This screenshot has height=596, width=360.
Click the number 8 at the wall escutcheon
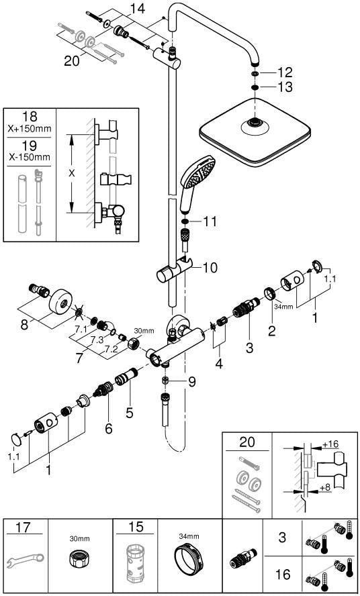coord(24,326)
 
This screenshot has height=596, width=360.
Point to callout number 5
coord(130,412)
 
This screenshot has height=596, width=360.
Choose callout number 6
coord(109,428)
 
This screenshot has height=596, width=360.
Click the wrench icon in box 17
coord(26,560)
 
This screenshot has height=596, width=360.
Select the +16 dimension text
coord(330,444)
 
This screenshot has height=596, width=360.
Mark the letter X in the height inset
coord(72,173)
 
